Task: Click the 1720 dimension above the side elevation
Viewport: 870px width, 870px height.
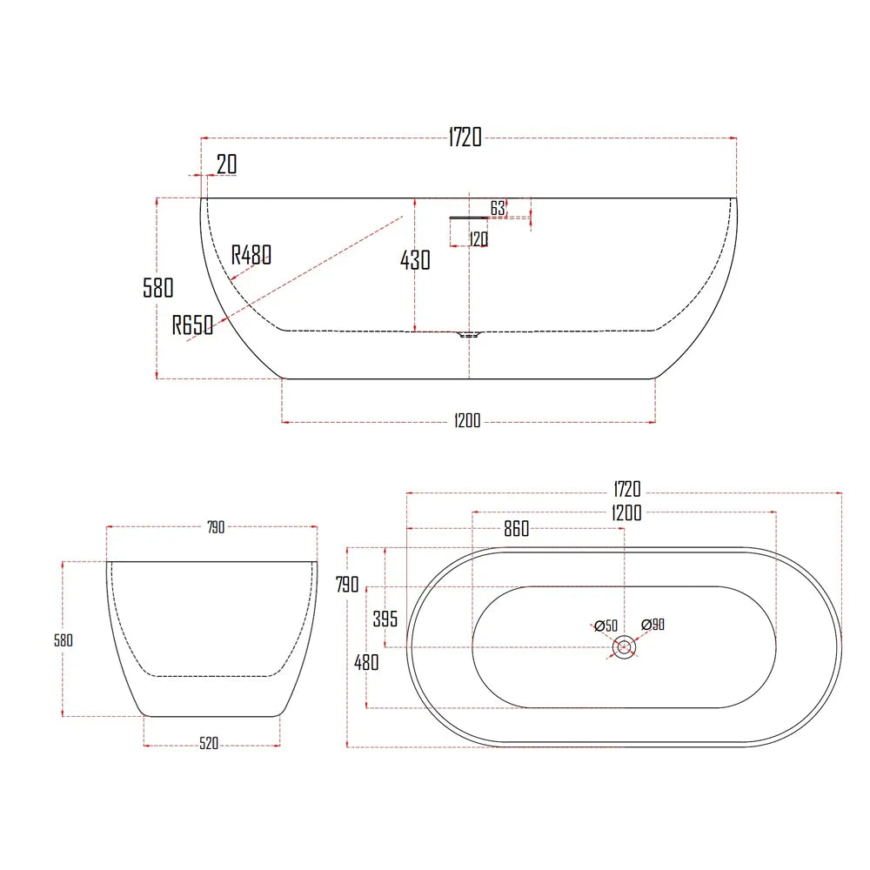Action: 465,137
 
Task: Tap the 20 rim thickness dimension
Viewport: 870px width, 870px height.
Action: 226,164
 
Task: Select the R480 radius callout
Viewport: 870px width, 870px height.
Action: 251,255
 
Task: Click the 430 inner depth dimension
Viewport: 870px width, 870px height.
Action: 415,259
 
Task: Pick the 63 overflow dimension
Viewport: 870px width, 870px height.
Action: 498,208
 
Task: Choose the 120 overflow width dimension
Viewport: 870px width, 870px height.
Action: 478,238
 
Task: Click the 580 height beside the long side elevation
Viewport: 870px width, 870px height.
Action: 158,288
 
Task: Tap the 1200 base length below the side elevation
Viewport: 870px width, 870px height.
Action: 467,422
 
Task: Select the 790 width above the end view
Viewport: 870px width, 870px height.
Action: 215,526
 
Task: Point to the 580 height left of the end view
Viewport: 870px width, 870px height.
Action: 64,639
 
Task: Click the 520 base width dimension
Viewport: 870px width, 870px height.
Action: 209,743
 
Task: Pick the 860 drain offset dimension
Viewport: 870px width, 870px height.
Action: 516,530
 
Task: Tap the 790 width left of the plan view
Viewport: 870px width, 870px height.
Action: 347,585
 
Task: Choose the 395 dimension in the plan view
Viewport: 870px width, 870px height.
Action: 385,619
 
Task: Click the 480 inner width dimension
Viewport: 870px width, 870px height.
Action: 366,662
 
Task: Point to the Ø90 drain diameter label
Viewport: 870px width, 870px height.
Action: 653,624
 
